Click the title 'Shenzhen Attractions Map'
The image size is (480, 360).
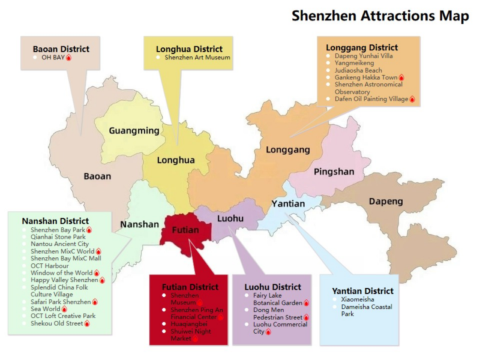[380, 16]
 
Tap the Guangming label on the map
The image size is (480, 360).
[134, 131]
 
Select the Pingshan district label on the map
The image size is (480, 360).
[334, 172]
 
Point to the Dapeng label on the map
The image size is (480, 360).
[386, 201]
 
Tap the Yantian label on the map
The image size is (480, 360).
[288, 204]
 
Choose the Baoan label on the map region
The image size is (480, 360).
[97, 176]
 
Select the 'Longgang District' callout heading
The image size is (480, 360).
[362, 47]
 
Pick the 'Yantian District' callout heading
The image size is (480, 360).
[363, 291]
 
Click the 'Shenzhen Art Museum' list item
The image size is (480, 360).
[197, 58]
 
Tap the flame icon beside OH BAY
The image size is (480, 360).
[68, 58]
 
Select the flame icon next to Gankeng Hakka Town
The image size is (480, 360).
[401, 77]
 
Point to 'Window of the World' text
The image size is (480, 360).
[61, 273]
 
